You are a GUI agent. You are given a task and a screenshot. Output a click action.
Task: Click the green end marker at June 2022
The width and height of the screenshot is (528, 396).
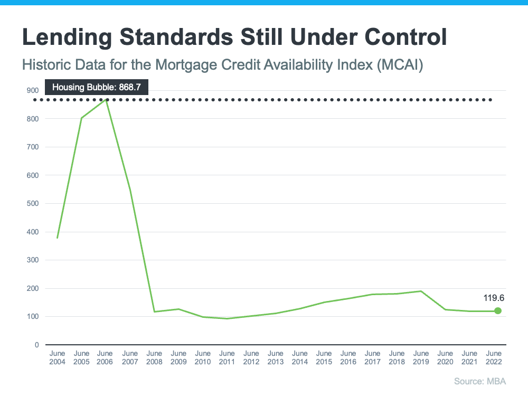(497, 311)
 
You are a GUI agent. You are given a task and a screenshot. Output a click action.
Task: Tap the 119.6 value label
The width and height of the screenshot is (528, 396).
(495, 298)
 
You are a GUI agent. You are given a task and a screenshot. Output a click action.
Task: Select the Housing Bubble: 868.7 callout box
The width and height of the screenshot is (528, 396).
(96, 87)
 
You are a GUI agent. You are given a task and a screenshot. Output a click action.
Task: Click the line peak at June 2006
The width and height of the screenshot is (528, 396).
(106, 100)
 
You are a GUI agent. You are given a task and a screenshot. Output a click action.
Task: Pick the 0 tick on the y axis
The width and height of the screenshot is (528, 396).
(36, 345)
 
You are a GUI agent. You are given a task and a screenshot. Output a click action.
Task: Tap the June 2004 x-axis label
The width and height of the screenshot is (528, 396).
(58, 357)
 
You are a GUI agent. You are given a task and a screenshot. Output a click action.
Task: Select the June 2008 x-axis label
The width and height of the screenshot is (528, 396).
(155, 357)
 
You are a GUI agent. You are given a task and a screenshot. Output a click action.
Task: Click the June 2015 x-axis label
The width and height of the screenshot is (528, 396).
(324, 357)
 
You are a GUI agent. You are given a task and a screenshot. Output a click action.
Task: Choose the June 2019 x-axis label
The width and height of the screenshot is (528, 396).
(421, 357)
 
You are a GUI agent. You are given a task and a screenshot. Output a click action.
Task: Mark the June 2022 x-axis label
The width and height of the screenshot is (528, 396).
(494, 357)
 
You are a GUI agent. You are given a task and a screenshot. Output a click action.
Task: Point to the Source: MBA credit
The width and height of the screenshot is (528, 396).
(484, 381)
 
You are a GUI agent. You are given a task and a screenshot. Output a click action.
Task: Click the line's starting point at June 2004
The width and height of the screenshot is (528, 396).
(58, 238)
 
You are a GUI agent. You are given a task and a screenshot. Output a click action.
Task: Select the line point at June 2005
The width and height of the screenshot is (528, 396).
(82, 118)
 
